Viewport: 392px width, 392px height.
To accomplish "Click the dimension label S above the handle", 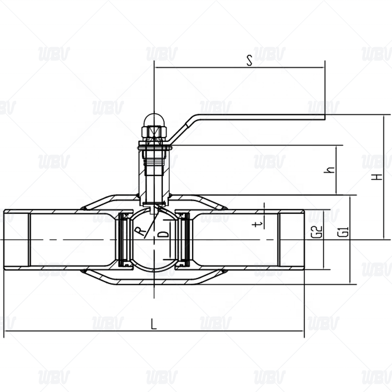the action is (249, 60).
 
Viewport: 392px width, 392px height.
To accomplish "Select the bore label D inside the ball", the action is (164, 234).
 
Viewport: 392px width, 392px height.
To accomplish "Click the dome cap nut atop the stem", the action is (154, 120).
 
